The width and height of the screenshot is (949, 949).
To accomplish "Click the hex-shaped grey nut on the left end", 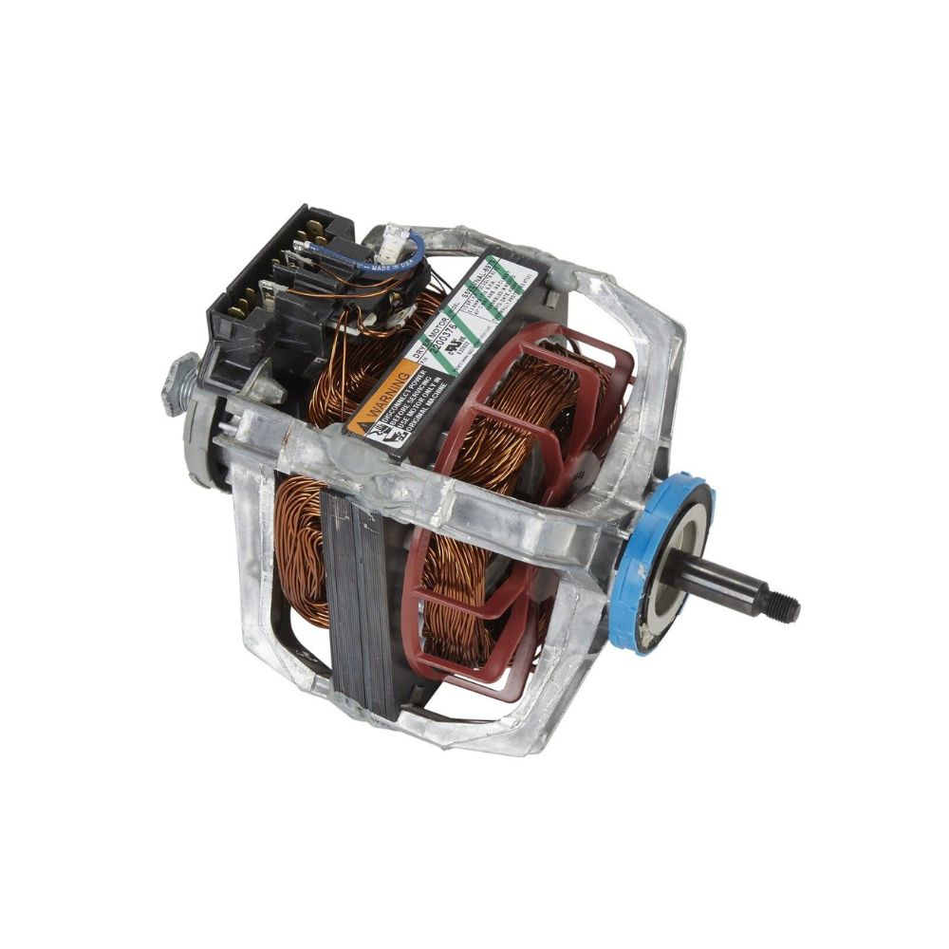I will pos(179,381).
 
